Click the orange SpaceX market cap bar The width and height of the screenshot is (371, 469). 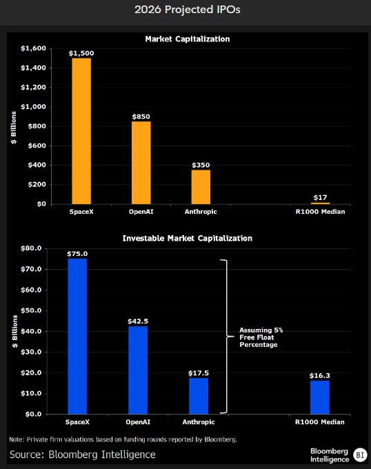81,131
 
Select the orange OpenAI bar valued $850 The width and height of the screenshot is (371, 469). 141,163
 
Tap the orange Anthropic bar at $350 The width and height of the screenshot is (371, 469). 201,187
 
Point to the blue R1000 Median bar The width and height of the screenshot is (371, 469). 320,397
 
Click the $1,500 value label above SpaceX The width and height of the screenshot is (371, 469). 81,53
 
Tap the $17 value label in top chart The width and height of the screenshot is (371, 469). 320,198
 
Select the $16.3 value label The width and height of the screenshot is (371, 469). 320,376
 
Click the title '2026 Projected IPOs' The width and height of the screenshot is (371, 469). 186,11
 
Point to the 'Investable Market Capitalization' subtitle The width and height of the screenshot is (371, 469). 188,238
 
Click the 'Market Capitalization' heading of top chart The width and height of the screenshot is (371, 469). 188,39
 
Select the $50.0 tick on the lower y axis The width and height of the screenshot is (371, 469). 32,310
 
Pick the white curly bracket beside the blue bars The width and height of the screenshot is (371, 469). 224,337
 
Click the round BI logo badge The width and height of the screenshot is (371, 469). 359,454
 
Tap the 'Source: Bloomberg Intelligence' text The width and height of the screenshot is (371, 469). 83,455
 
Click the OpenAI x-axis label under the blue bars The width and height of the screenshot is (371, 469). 138,421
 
